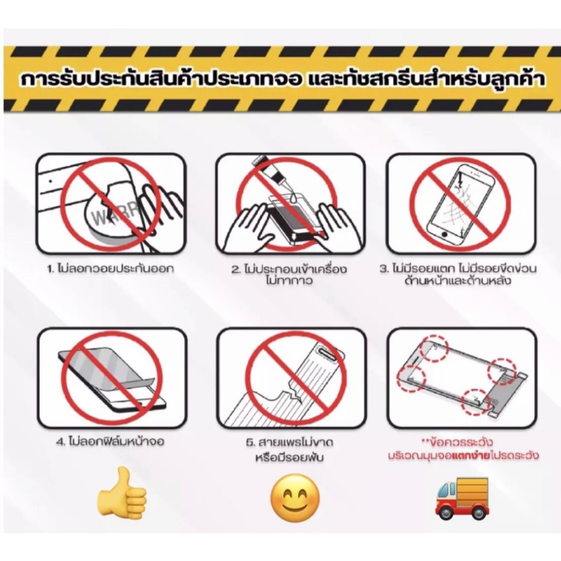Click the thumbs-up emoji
122,494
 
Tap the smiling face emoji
295,498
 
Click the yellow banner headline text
283,79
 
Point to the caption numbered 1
111,268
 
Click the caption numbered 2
289,274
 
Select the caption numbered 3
459,274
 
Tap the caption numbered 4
111,442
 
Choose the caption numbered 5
289,450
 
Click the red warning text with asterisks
463,449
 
